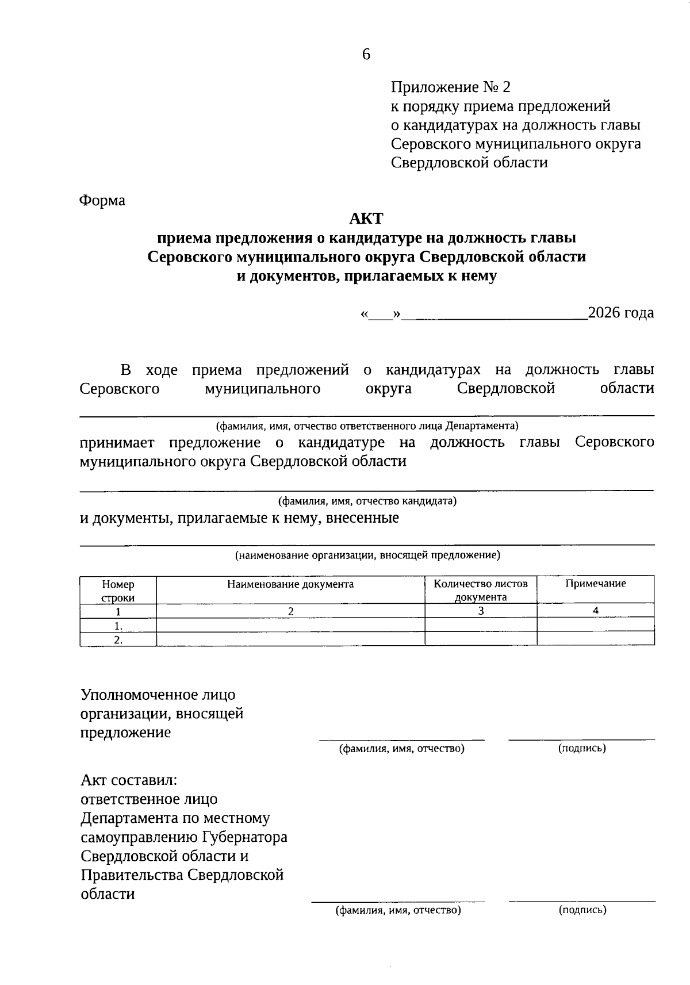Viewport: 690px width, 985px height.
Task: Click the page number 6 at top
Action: (366, 54)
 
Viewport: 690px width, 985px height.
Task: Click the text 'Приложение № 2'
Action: (450, 87)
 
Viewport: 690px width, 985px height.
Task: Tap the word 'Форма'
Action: (102, 201)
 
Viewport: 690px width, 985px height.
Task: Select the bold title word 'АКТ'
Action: (366, 219)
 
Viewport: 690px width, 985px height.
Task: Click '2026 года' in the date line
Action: (621, 313)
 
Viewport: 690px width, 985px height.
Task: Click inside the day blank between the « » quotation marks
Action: (380, 315)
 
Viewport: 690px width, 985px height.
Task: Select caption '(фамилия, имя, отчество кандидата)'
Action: (367, 501)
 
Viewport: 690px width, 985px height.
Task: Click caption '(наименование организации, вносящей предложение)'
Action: (367, 555)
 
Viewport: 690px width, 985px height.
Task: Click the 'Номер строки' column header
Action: (118, 591)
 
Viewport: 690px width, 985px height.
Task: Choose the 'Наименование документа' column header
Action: (290, 584)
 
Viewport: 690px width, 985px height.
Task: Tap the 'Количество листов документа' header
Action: (481, 591)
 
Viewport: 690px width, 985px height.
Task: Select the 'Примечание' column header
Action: (595, 584)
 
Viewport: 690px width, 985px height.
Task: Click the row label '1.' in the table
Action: (118, 626)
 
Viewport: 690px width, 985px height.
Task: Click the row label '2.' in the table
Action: (118, 639)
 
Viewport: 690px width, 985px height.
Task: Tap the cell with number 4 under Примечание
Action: (596, 611)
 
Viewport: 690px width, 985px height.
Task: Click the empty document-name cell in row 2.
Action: (290, 639)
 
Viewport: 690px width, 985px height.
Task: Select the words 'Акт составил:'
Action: (129, 780)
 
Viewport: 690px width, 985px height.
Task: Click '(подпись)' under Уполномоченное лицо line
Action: (582, 748)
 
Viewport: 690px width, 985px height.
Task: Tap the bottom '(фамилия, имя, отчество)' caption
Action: (398, 910)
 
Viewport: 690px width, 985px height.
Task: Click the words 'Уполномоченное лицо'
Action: (158, 695)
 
